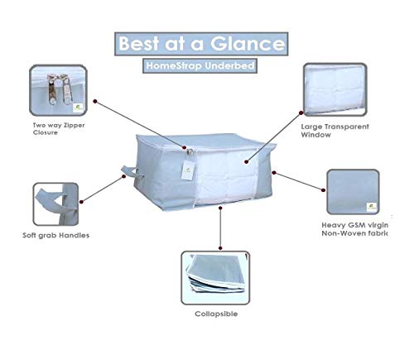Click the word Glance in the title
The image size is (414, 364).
(248, 44)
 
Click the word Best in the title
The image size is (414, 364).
(139, 44)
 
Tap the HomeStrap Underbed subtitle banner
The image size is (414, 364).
(200, 66)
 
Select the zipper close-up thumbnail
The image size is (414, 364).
(58, 90)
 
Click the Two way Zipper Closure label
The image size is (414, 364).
(59, 129)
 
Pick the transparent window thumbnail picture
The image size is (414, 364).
(335, 89)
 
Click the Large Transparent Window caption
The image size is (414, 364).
(335, 131)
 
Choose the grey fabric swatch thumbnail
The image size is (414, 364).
(353, 192)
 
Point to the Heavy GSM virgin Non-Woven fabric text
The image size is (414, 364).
(355, 229)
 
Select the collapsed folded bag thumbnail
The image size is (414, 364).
(215, 278)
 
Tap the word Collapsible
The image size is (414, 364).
(216, 314)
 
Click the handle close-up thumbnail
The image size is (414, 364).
(55, 204)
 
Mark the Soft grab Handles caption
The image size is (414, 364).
(56, 235)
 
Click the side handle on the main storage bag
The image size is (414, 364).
(129, 172)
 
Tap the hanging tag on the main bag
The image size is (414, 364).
(188, 170)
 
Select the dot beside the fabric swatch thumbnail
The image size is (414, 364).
(323, 190)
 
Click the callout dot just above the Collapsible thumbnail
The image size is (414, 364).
(220, 248)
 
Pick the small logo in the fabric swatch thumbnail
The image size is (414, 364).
(372, 207)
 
